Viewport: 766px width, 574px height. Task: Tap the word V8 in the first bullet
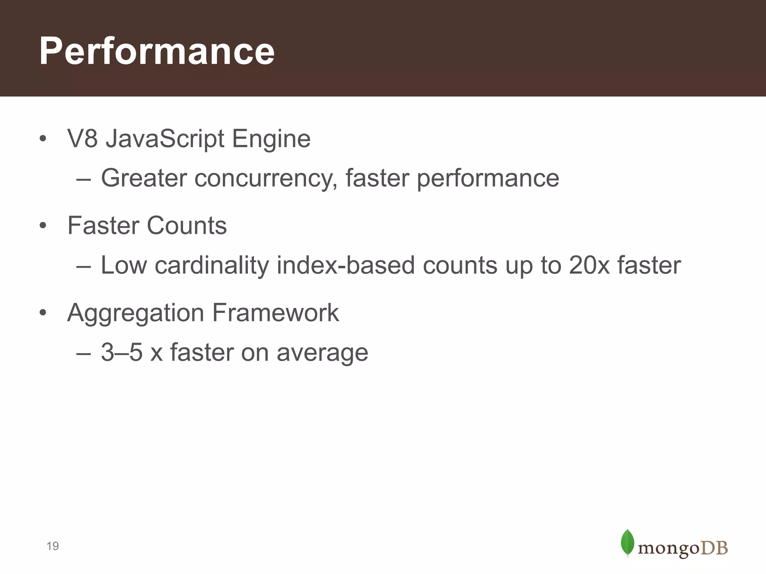pos(82,139)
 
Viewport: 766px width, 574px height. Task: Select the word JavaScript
pos(165,139)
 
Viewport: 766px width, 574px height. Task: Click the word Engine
pos(271,139)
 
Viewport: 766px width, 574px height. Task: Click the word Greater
pos(144,178)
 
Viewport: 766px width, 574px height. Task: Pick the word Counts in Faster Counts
pos(187,226)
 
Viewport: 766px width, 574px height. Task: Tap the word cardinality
pos(212,265)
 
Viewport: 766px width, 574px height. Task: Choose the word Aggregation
pos(135,313)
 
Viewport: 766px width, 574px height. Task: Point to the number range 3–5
pos(122,352)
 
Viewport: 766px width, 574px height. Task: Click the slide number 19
pos(53,546)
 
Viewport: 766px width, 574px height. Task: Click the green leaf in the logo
pos(627,542)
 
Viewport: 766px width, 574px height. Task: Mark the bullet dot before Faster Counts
pos(43,226)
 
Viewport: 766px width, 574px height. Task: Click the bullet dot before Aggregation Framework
pos(43,313)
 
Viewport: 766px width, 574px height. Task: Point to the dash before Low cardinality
pos(83,266)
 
